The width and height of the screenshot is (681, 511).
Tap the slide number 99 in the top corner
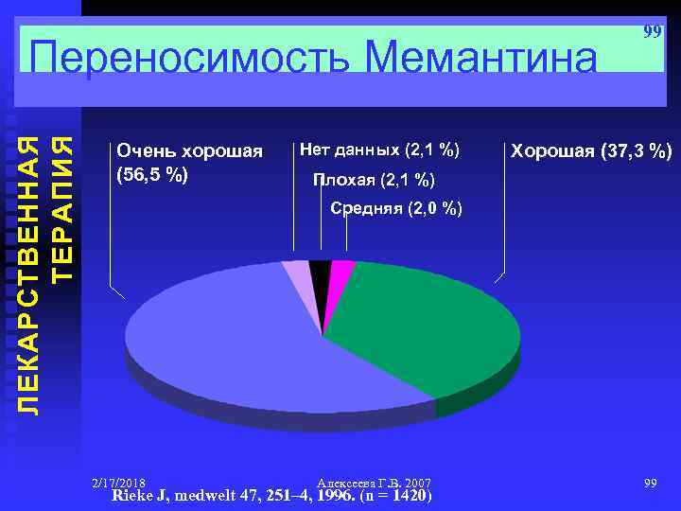tap(652, 32)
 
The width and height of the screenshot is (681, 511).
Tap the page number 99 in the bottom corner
tap(650, 484)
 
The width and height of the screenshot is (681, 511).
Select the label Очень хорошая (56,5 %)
tap(189, 162)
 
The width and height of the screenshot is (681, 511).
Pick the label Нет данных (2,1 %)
tap(379, 150)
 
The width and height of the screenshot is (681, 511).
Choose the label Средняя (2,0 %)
tap(396, 208)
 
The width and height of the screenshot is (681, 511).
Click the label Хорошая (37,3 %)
tap(591, 150)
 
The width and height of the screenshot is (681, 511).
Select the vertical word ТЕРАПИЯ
tap(63, 208)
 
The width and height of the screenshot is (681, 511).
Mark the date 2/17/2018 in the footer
tap(118, 483)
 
